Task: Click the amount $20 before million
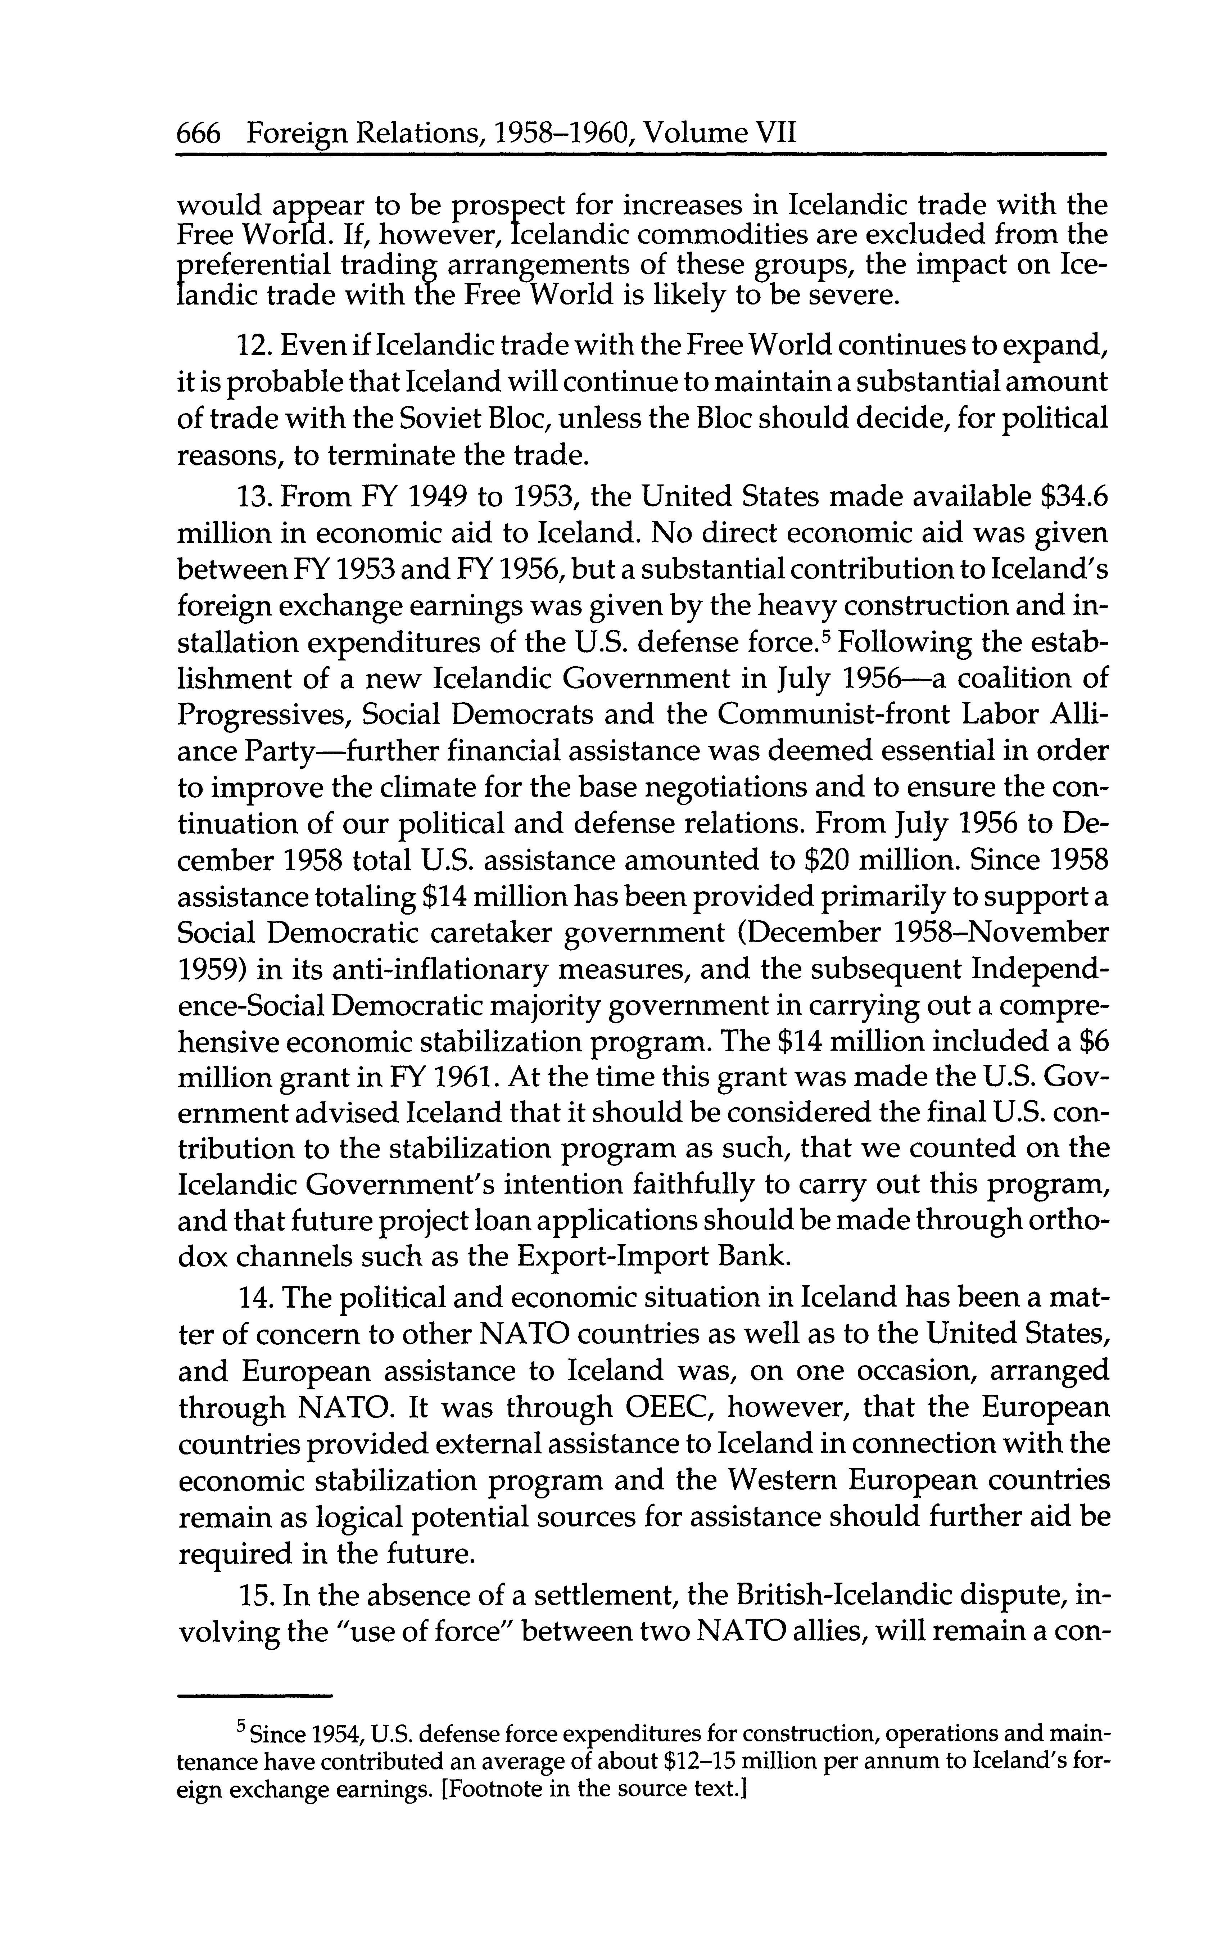827,860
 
